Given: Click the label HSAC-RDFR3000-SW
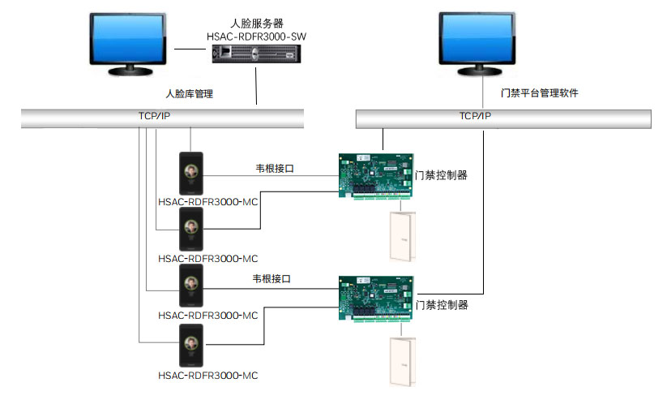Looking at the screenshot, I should coord(259,37).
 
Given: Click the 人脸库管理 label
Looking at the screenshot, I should coord(189,94).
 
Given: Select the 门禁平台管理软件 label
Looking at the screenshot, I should coord(540,93).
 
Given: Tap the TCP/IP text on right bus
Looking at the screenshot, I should coord(475,116).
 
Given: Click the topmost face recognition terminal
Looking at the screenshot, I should coord(191,172).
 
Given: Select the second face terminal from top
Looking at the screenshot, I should coord(191,229).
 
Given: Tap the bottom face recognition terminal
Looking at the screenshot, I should coord(191,346).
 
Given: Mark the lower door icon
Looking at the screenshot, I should coord(400,362).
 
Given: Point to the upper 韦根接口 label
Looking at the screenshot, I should coord(274,169).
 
